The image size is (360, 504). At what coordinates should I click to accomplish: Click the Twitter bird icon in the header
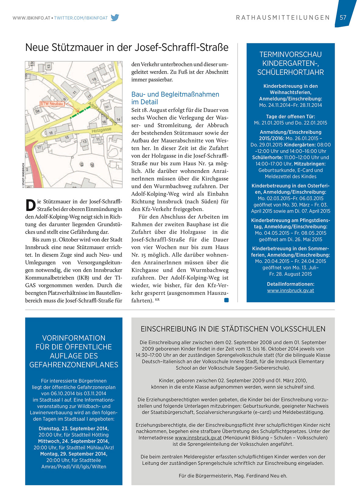115,18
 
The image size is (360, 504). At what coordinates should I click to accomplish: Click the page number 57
343,18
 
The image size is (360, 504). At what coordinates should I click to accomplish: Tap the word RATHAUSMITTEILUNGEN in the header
283,18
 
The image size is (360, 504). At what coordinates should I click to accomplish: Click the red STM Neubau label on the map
52,104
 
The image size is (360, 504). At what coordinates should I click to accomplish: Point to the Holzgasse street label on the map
102,130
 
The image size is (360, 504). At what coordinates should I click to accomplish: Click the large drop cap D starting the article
30,205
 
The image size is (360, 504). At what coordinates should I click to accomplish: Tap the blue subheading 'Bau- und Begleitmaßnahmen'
175,94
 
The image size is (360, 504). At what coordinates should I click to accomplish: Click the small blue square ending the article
226,300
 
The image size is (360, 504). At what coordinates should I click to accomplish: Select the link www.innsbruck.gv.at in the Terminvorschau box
290,290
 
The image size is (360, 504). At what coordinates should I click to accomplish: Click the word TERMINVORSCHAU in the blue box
290,55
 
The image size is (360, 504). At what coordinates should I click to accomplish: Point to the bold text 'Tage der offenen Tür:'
290,116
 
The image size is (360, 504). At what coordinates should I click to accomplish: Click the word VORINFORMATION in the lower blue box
74,338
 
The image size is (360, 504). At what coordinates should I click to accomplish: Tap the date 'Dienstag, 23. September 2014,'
73,428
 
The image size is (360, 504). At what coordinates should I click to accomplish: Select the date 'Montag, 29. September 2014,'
73,454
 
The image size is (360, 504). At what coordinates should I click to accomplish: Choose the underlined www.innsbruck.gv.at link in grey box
198,438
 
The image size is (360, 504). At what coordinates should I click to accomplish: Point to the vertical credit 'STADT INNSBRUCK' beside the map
23,176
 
